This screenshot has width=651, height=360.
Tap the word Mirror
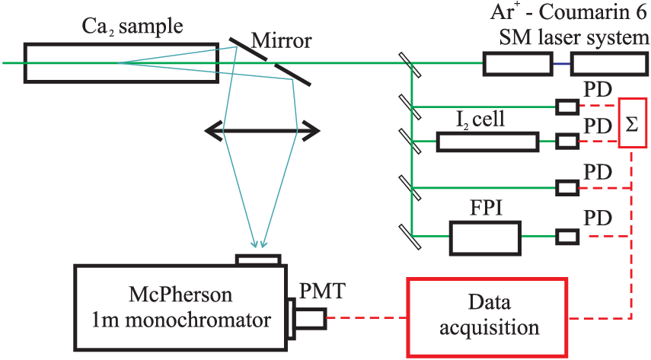coord(282,40)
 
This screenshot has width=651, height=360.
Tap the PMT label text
coord(322,291)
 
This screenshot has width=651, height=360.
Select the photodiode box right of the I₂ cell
coord(567,142)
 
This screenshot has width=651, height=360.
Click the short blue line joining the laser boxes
coord(562,63)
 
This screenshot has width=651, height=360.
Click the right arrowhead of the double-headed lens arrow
coord(311,131)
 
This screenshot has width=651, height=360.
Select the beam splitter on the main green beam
coord(410,65)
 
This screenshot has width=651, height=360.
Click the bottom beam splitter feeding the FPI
coord(410,237)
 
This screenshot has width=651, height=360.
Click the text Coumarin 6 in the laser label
coord(593,12)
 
